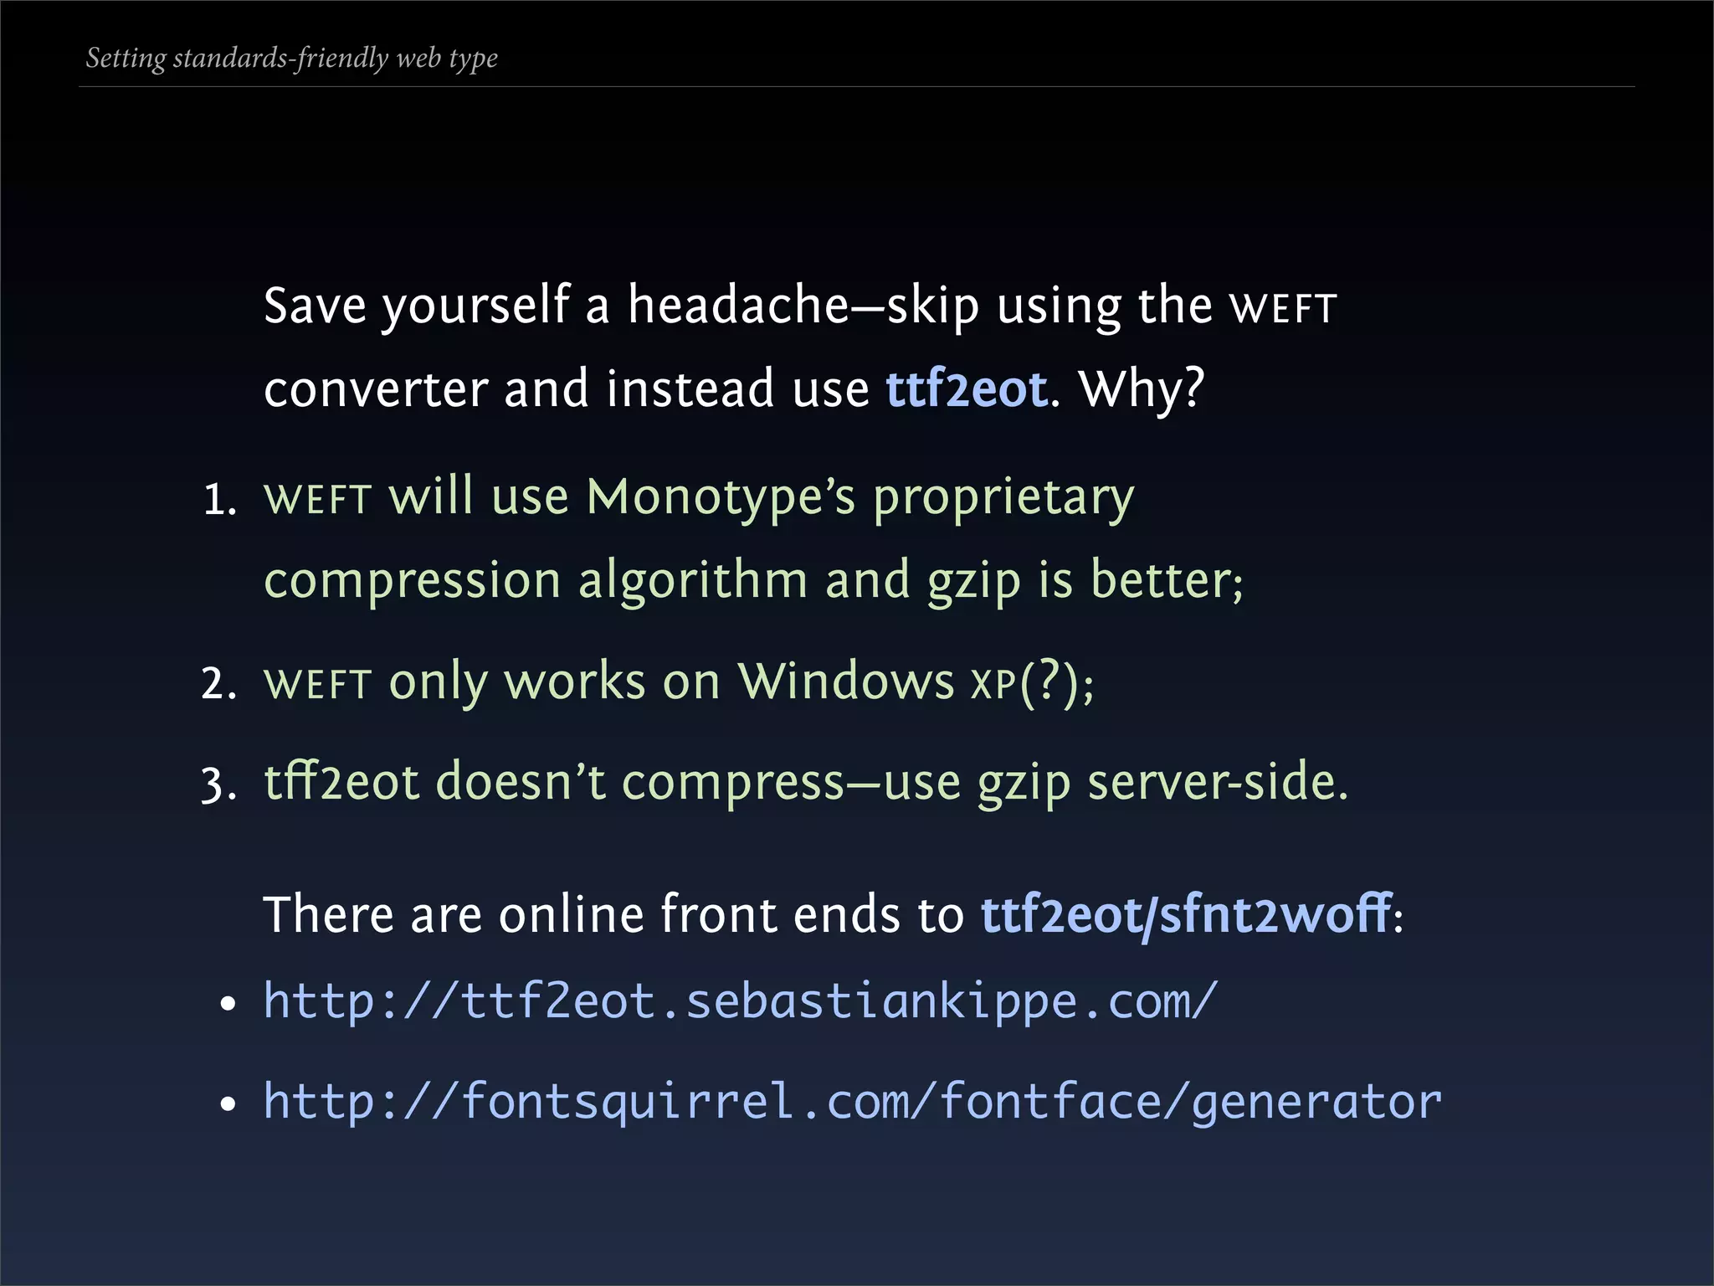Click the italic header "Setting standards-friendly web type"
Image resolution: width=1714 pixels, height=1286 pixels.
click(x=291, y=59)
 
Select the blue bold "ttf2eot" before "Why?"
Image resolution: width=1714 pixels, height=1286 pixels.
click(x=966, y=389)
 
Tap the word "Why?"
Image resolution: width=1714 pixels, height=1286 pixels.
click(x=1142, y=389)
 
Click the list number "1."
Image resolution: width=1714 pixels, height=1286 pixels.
click(x=220, y=501)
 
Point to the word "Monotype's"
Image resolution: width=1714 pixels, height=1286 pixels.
click(x=721, y=497)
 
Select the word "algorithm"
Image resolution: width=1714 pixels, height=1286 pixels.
click(x=693, y=581)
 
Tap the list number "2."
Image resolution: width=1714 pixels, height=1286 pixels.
click(x=219, y=684)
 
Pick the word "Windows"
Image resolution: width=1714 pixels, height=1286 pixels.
click(x=845, y=682)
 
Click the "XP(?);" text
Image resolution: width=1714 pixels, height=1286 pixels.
click(x=1032, y=684)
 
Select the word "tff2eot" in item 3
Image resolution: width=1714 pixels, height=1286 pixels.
click(x=341, y=782)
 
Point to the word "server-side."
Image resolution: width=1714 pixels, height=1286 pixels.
click(x=1218, y=782)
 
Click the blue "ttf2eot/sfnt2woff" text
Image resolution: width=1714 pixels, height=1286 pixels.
click(x=1186, y=914)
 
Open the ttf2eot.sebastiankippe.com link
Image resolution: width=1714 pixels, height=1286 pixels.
click(x=740, y=1001)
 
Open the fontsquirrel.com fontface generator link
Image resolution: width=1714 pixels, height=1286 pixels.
click(x=852, y=1102)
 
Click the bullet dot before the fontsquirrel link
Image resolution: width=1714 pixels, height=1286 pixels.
click(x=228, y=1104)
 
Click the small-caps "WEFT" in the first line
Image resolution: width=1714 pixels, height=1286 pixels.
click(x=1283, y=309)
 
